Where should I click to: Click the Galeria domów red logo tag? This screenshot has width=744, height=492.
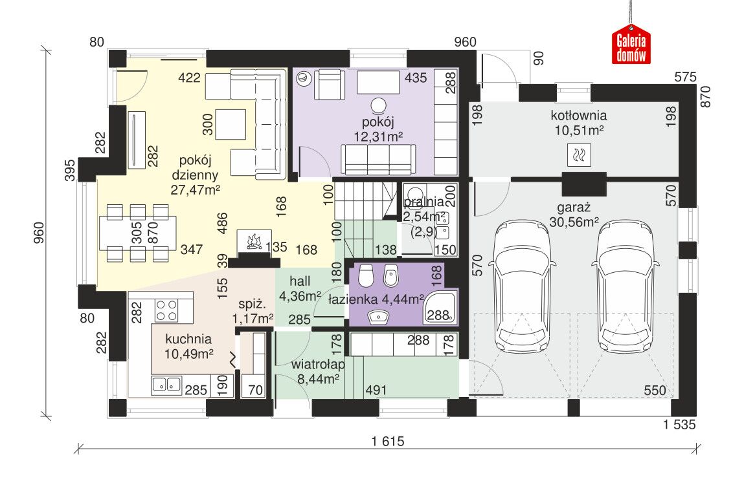tap(631, 47)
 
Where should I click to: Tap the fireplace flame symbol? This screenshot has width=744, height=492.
tap(254, 242)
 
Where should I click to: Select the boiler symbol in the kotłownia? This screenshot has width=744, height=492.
tap(579, 155)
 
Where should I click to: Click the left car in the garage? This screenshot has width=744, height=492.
tap(521, 286)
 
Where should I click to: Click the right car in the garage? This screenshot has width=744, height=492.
tap(625, 286)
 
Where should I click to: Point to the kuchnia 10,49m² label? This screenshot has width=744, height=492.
tap(188, 346)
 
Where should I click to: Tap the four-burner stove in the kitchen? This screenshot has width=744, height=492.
tap(166, 310)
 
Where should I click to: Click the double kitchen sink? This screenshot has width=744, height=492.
tap(166, 385)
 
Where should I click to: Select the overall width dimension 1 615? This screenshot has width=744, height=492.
tap(388, 442)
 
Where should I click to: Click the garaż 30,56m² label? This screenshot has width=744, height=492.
tap(574, 215)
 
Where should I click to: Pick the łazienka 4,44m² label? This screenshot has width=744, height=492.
tap(376, 299)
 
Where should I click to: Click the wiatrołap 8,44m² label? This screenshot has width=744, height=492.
tap(318, 372)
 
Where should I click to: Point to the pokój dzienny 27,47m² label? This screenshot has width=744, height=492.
tap(195, 175)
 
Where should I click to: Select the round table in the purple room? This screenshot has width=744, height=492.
tap(378, 105)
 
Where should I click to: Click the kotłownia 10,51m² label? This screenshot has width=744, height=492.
tap(579, 123)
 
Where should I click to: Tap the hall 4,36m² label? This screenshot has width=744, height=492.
tap(300, 289)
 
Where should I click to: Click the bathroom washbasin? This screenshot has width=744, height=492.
tap(378, 316)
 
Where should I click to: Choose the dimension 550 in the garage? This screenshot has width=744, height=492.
tap(655, 390)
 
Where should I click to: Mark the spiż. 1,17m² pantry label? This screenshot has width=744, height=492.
tap(253, 312)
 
